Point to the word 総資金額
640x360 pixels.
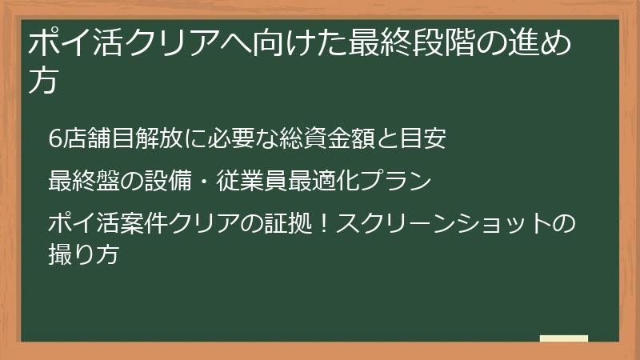321,138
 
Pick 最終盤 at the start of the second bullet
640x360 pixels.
83,180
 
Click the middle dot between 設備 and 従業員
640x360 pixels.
203,181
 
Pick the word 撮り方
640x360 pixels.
83,255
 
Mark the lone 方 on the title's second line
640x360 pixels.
42,81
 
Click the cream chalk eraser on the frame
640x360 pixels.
564,339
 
